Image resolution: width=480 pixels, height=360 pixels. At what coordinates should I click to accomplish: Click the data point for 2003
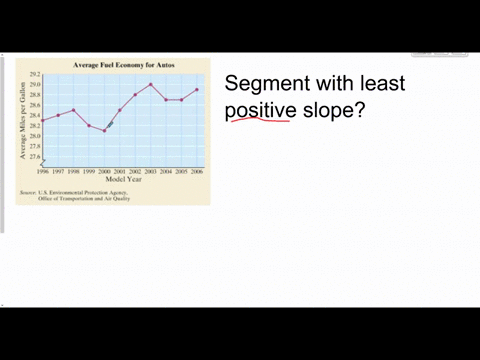click(151, 84)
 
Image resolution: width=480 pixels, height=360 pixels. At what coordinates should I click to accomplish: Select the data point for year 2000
click(104, 130)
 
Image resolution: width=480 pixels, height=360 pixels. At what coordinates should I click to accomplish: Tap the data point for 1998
click(73, 110)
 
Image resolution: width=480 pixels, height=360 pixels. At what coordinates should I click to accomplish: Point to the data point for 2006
click(197, 89)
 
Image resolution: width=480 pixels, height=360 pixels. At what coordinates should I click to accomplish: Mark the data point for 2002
click(135, 94)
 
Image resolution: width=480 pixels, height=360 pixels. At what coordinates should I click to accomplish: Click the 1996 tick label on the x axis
click(43, 171)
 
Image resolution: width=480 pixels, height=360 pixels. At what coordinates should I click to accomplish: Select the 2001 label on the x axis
click(120, 171)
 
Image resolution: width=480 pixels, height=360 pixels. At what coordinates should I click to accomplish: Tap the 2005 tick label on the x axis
click(181, 171)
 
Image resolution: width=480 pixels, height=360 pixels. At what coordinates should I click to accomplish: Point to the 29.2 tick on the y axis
click(35, 74)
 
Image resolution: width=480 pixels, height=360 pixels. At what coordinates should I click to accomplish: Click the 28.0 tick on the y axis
click(35, 136)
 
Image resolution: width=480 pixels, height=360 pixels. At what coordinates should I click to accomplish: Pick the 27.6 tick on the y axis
click(35, 157)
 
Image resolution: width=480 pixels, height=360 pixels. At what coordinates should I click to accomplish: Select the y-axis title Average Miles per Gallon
click(23, 120)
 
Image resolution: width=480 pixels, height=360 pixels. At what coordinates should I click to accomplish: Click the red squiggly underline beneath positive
click(258, 121)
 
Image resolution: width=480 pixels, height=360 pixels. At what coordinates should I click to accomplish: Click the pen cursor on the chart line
click(111, 123)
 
